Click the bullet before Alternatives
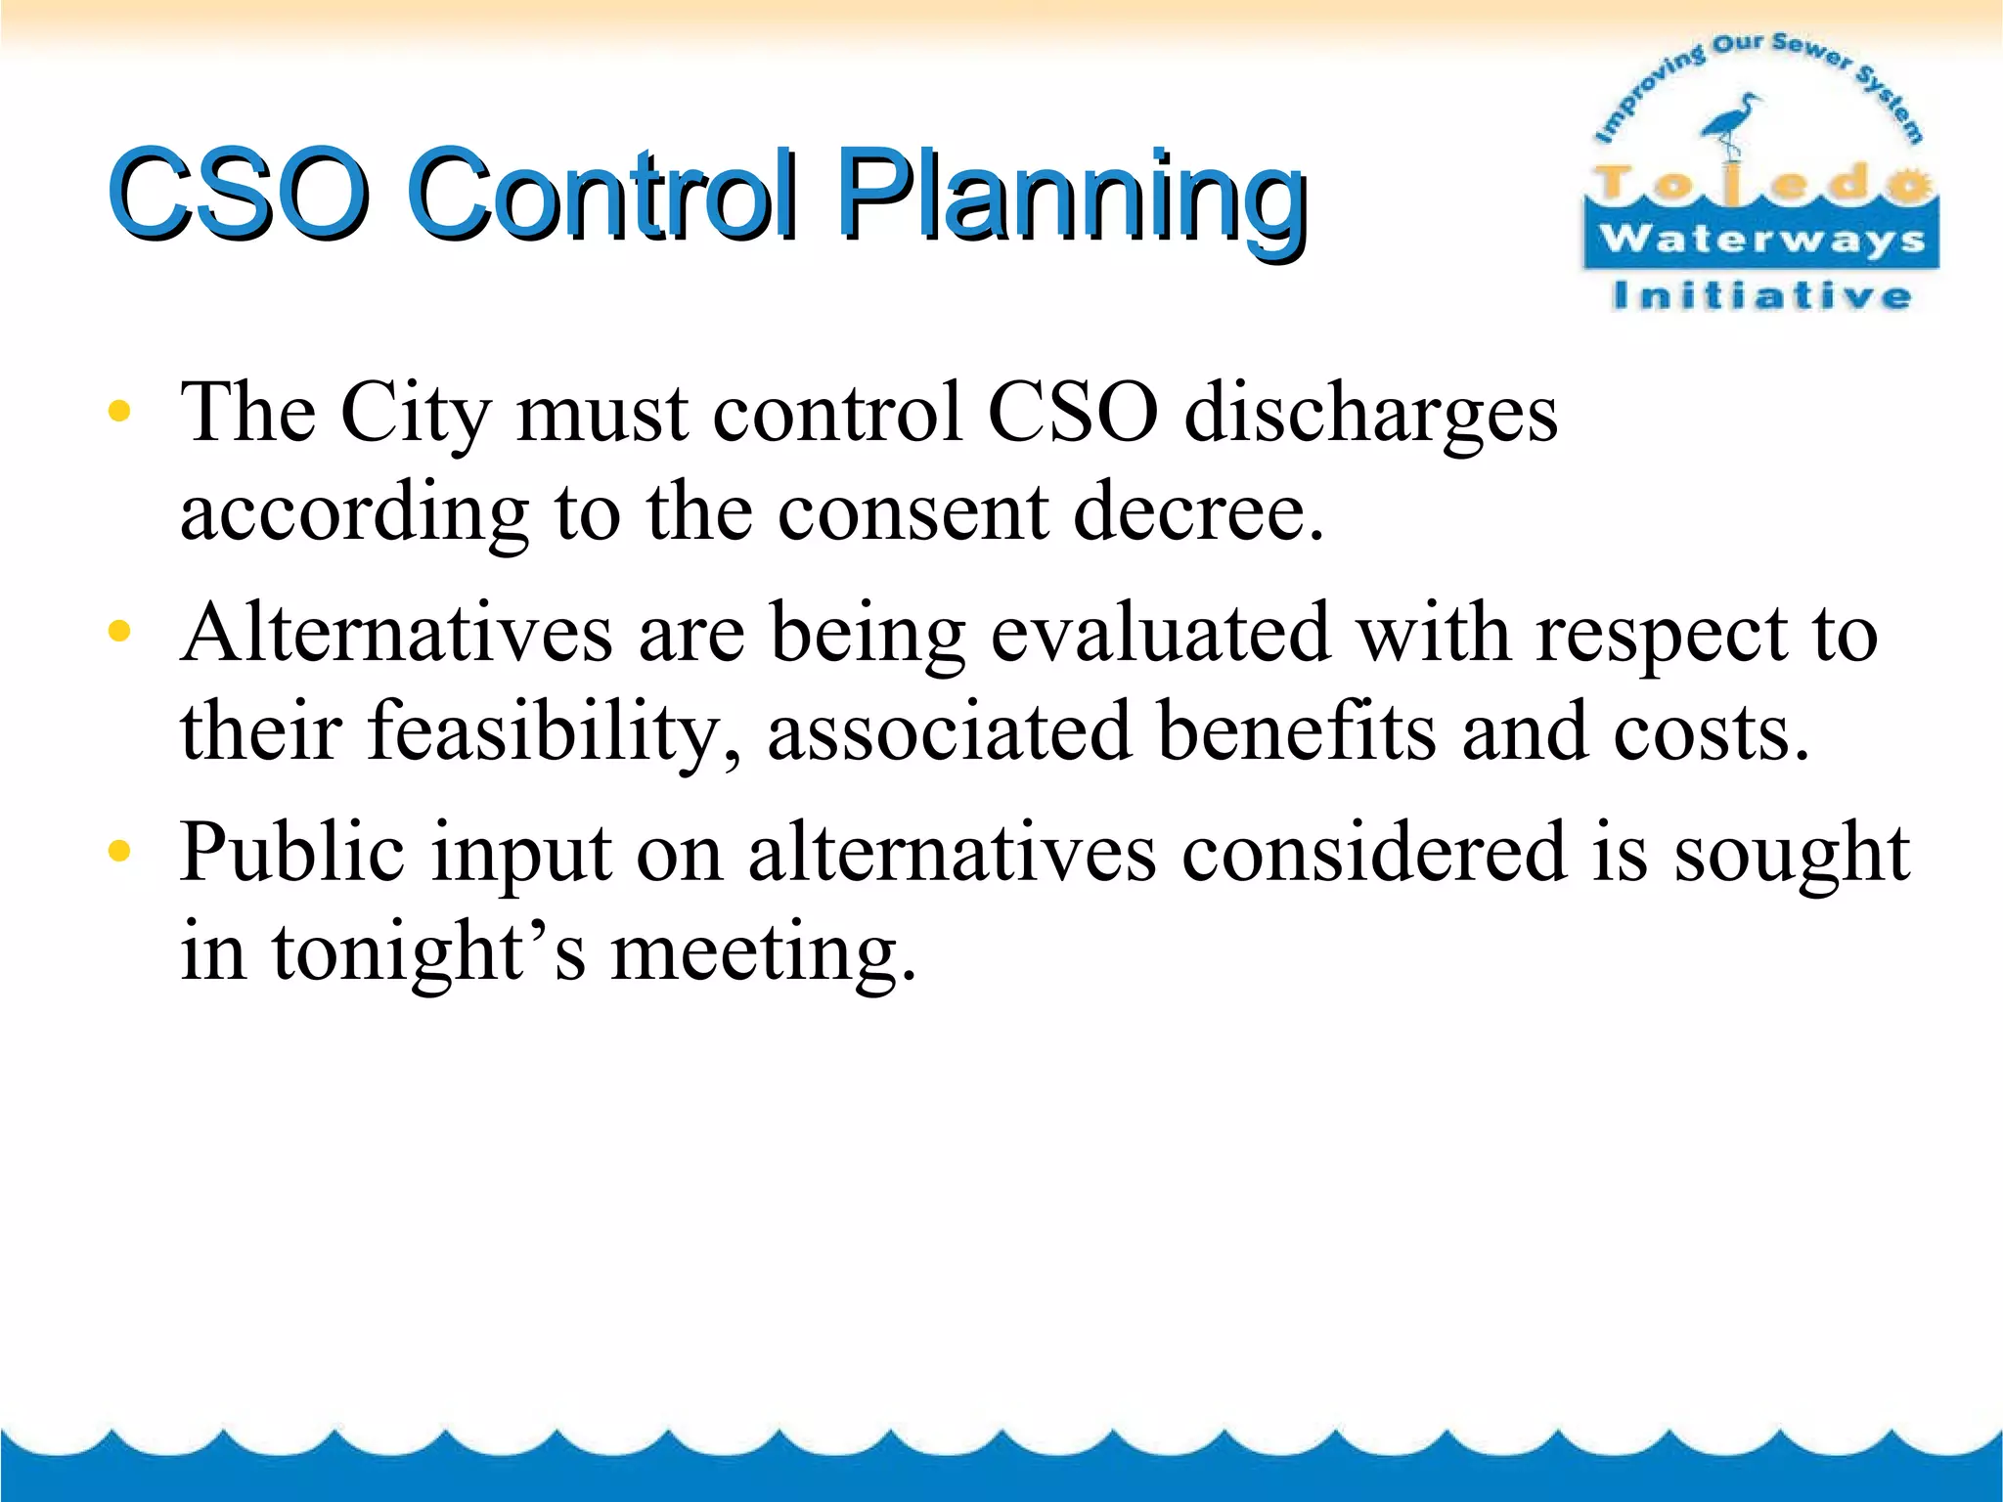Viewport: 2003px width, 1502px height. point(119,632)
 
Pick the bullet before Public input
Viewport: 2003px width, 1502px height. point(119,852)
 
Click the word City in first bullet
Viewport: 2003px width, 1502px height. point(415,415)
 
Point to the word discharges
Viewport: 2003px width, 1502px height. point(1369,415)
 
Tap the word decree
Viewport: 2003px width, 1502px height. point(1198,512)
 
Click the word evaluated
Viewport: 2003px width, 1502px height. point(1160,634)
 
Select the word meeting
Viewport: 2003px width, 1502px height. point(763,954)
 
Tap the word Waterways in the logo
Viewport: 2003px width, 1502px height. point(1761,239)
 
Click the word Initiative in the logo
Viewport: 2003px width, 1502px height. point(1761,295)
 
